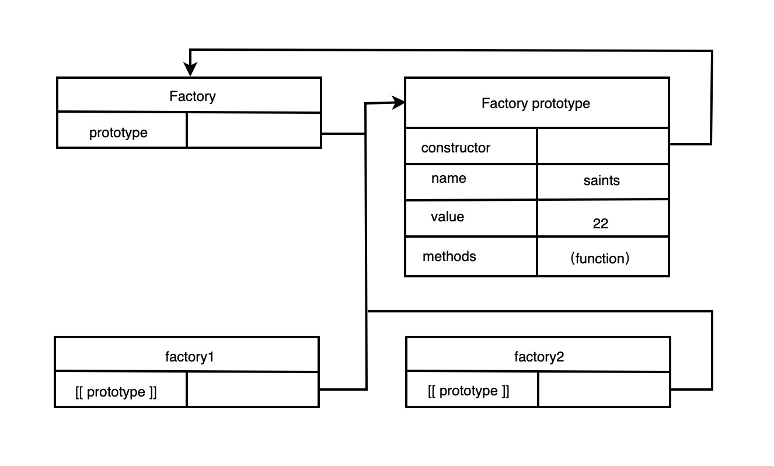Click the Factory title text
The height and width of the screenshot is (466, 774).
(x=193, y=96)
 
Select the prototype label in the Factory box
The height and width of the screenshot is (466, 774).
(x=118, y=133)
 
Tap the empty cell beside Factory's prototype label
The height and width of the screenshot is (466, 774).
(x=254, y=130)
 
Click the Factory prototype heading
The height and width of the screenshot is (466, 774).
(x=536, y=103)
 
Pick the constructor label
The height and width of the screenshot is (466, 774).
(x=455, y=148)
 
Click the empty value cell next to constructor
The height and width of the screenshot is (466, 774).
(x=603, y=146)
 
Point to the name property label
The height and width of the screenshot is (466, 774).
(x=448, y=178)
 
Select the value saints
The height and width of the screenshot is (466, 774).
(x=602, y=180)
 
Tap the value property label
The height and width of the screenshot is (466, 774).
(x=447, y=217)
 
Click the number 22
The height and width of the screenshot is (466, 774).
(x=600, y=224)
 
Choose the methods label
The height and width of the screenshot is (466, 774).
(x=449, y=256)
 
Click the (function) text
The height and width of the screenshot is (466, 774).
(x=600, y=259)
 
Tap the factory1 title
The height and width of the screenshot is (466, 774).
(x=189, y=357)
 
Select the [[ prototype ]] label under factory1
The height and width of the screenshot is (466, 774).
(x=116, y=392)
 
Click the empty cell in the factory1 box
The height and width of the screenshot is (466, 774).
(x=253, y=390)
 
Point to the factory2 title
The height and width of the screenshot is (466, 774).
(x=539, y=357)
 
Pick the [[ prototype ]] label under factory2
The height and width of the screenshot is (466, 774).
(x=468, y=391)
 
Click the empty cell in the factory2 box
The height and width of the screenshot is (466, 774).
(x=604, y=390)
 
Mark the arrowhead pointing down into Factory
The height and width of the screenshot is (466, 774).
(x=190, y=69)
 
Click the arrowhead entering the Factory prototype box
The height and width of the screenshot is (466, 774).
(x=398, y=103)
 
